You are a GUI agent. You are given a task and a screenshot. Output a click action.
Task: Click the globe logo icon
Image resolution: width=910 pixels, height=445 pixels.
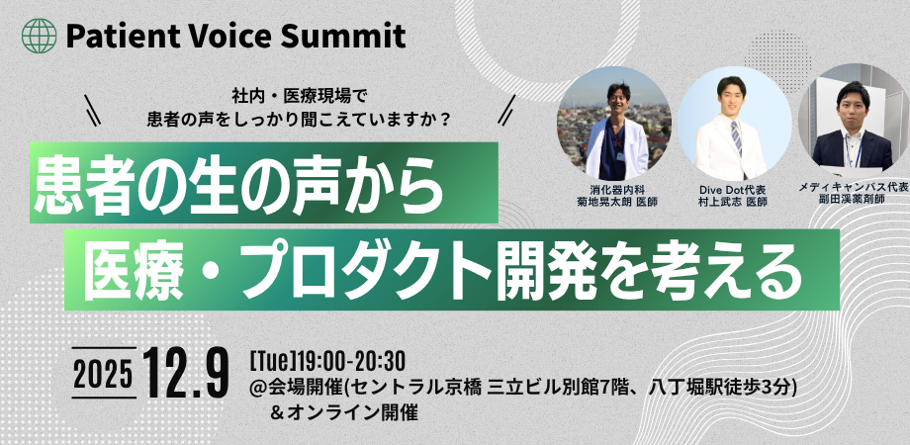click(x=41, y=37)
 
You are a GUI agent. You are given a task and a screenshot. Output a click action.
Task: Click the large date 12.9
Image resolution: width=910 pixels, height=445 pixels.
click(x=185, y=373)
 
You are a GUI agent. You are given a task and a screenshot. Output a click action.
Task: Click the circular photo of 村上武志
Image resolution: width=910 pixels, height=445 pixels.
click(x=734, y=123)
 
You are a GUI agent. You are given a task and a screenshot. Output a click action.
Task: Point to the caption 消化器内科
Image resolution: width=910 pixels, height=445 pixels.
click(x=615, y=188)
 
